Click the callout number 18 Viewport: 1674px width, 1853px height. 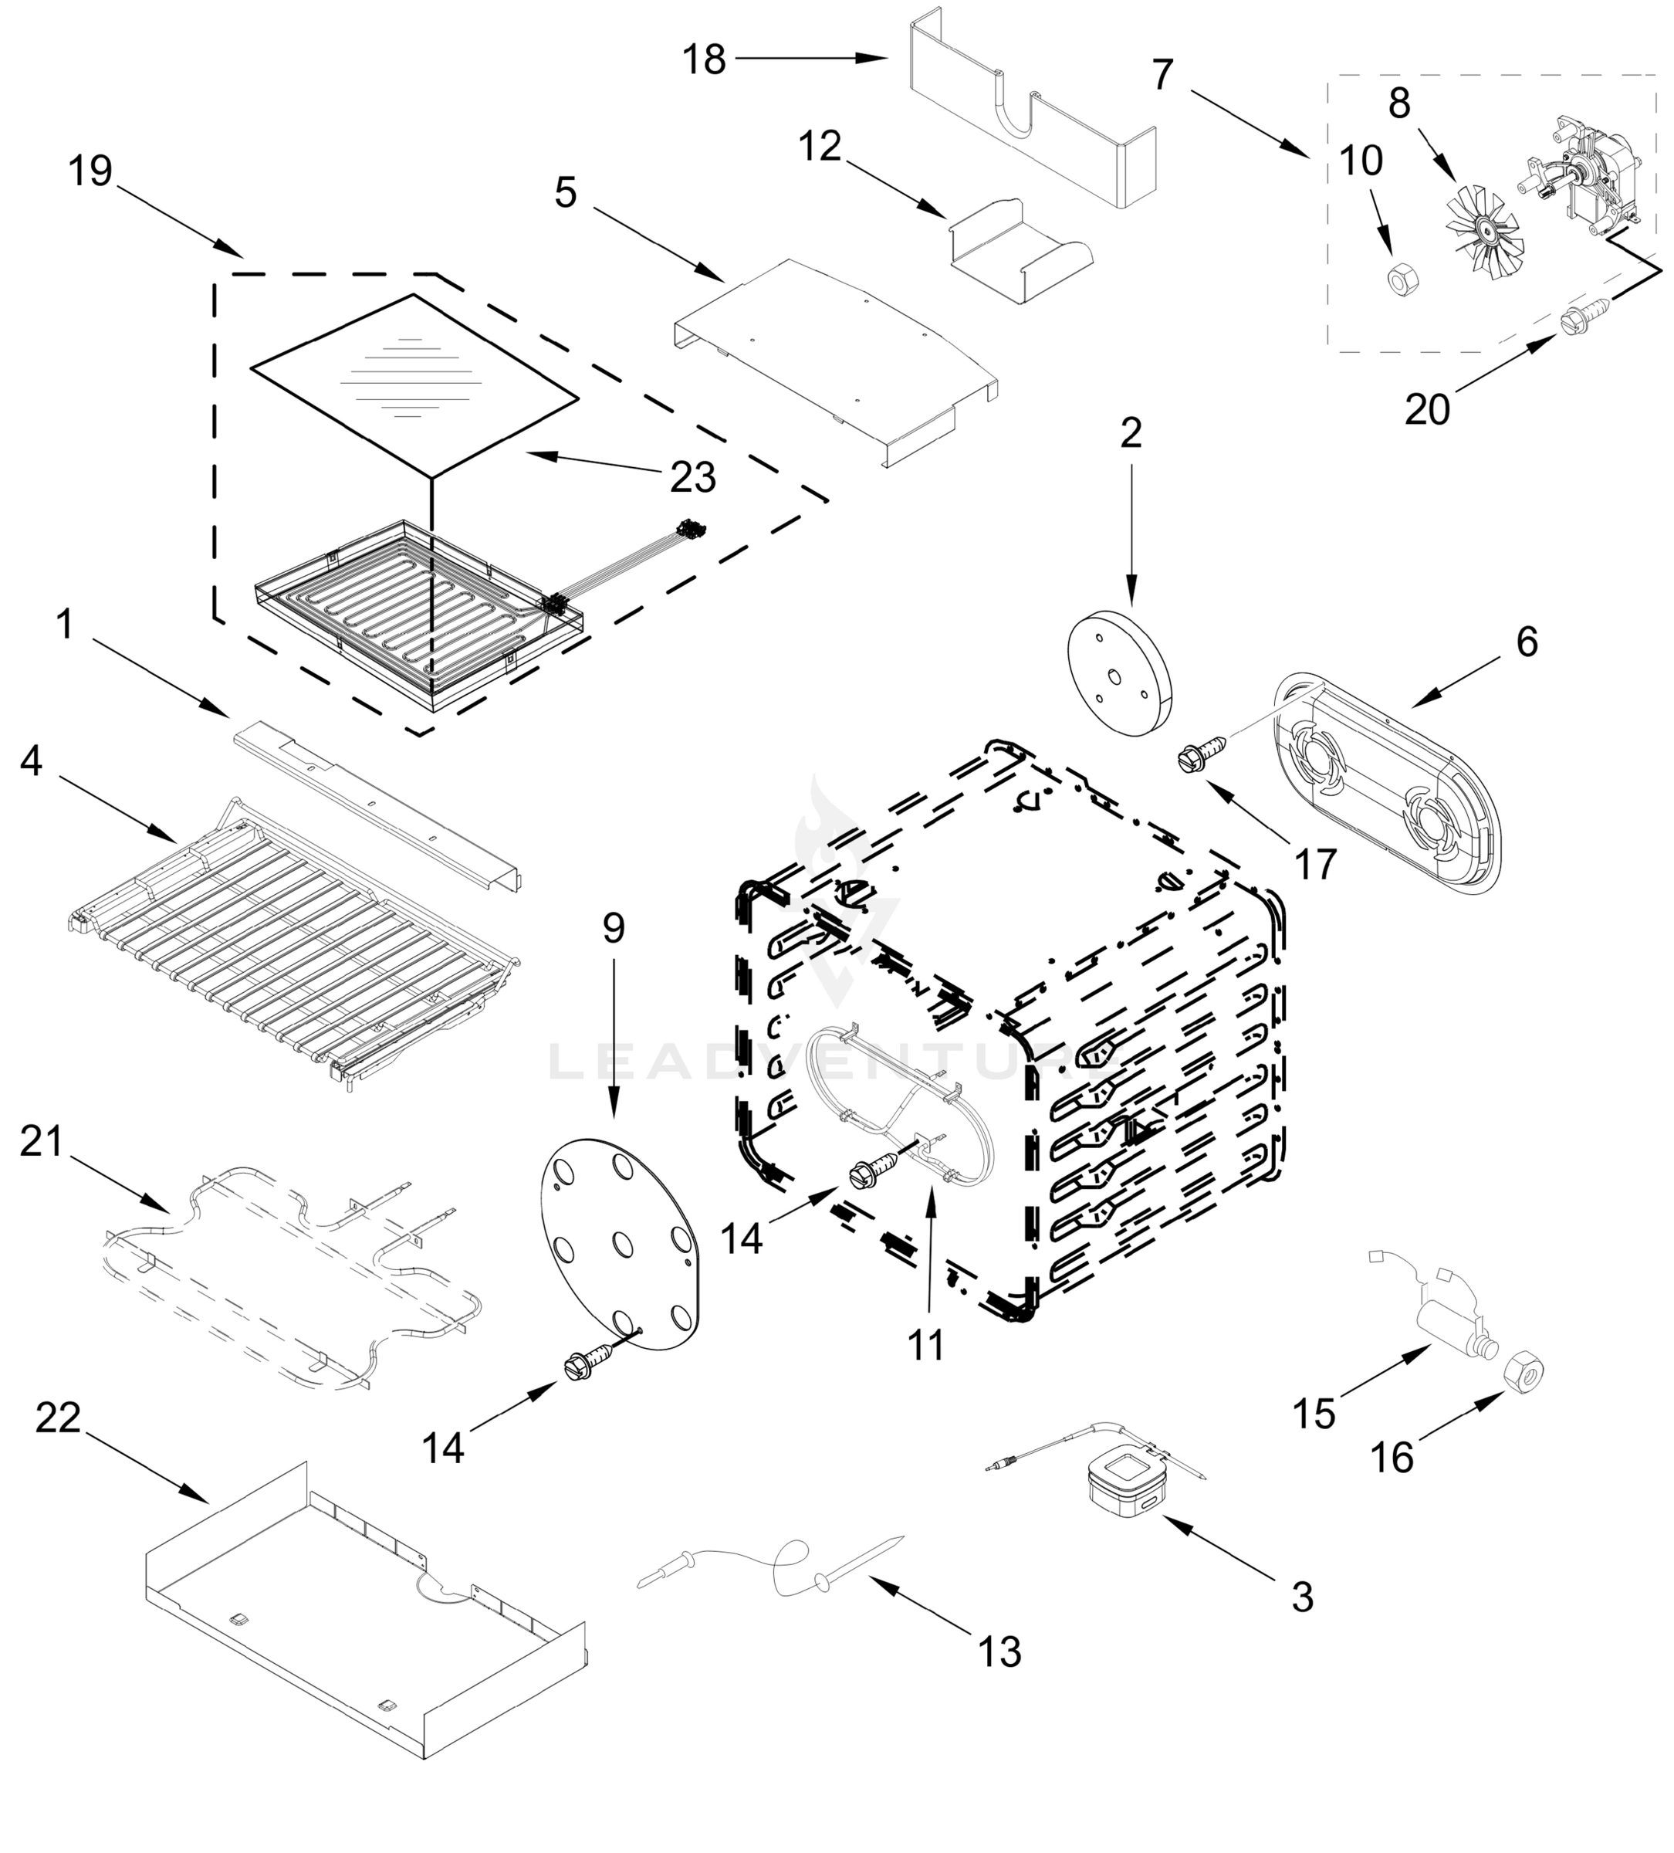(704, 61)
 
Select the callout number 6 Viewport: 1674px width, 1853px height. (1526, 642)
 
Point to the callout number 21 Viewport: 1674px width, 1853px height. (42, 1142)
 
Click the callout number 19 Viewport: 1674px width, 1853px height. (91, 171)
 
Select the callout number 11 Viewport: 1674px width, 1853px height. (925, 1347)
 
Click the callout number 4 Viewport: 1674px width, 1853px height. (31, 761)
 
